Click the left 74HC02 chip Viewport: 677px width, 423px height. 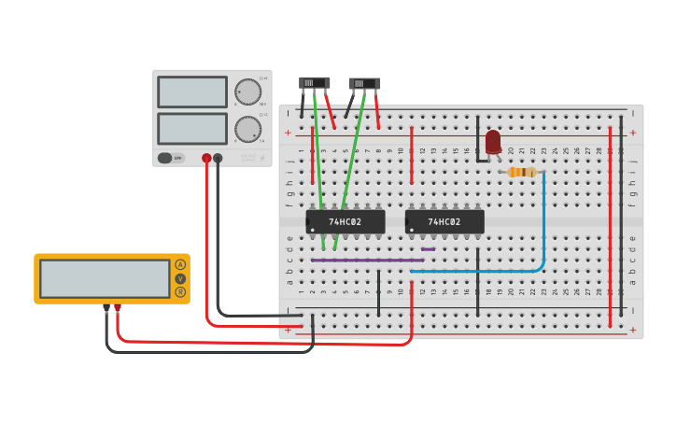tap(346, 221)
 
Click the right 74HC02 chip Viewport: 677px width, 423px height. tap(444, 221)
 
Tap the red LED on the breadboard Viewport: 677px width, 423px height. tap(493, 142)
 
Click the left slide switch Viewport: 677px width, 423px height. tap(315, 83)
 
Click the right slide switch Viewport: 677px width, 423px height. tap(364, 84)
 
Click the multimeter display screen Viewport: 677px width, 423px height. tap(105, 278)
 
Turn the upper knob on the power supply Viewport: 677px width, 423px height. tap(248, 92)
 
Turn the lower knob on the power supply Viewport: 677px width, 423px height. tap(248, 129)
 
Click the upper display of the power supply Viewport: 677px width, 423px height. tap(192, 92)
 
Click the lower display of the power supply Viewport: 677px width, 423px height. tap(192, 128)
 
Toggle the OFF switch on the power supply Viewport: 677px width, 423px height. tap(171, 158)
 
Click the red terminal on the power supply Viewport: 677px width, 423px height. tap(206, 159)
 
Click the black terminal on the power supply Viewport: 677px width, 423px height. tap(218, 159)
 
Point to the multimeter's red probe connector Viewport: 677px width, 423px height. tap(118, 307)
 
